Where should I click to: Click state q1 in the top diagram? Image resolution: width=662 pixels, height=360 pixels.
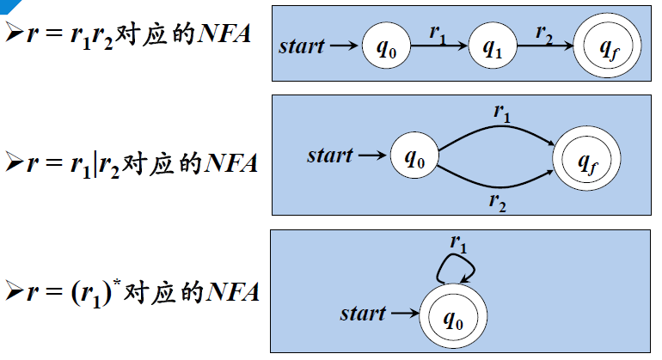click(x=492, y=46)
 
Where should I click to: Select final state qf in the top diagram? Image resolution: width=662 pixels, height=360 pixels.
click(x=605, y=47)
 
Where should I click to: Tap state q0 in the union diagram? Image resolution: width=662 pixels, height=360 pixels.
click(x=414, y=157)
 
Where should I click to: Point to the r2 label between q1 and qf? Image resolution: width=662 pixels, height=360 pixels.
click(x=544, y=33)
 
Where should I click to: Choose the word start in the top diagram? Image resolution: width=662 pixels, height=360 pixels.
click(x=303, y=46)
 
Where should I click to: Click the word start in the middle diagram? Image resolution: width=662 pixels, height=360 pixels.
click(x=330, y=156)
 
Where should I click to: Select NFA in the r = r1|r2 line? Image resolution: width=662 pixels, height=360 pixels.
click(x=231, y=162)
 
